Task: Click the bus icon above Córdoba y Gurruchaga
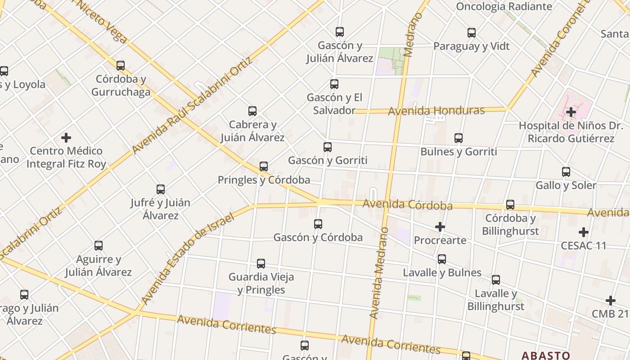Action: (x=121, y=66)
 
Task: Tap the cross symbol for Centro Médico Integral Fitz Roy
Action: (x=66, y=137)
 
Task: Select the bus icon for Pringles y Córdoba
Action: (x=264, y=166)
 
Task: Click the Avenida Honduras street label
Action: (x=436, y=111)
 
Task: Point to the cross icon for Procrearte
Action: (x=440, y=227)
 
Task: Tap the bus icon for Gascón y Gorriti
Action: (x=328, y=147)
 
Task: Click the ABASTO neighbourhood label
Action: (x=545, y=355)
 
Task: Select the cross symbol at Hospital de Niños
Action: (x=571, y=112)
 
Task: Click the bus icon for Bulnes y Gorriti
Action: (x=459, y=138)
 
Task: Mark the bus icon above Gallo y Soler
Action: (x=566, y=172)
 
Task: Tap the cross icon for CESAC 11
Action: (x=584, y=232)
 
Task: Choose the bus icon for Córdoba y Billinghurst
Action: (x=510, y=205)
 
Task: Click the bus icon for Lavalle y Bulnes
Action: (x=442, y=259)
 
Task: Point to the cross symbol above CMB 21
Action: (x=610, y=300)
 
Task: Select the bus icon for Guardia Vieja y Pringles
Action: (x=261, y=264)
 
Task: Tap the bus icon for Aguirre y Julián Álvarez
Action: (x=99, y=246)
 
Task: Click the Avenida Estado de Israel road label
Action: (x=188, y=259)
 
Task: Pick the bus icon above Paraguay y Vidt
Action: (x=472, y=33)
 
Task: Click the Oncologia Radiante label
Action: (x=504, y=6)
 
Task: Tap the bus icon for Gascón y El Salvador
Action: (x=334, y=84)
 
